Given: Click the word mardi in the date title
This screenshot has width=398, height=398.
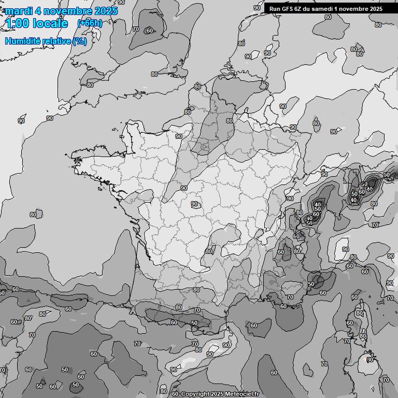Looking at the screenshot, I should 19,11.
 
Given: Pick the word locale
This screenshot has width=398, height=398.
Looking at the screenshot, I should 50,24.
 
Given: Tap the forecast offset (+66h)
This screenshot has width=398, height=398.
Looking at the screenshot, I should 90,23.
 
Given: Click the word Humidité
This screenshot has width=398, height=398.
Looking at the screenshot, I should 24,41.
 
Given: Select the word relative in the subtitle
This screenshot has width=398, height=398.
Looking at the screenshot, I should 57,41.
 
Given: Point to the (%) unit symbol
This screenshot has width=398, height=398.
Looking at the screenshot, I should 79,41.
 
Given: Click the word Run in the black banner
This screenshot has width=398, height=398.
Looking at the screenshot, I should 275,9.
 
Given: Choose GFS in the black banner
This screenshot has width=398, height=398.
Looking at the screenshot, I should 288,9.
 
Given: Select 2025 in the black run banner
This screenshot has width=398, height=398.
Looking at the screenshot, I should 375,9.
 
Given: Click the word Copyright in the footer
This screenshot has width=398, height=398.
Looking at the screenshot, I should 196,394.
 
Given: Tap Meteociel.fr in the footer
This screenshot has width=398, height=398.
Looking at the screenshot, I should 244,394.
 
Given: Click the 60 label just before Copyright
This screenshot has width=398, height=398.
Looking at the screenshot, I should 175,394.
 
